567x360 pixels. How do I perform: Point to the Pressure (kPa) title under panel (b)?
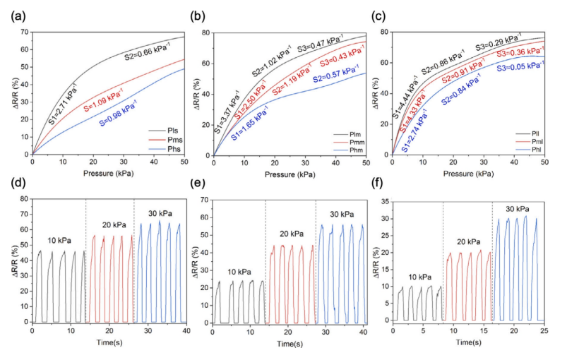pos(290,173)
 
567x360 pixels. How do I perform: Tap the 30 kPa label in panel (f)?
pos(518,208)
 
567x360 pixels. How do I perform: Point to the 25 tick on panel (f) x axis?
pos(545,331)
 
